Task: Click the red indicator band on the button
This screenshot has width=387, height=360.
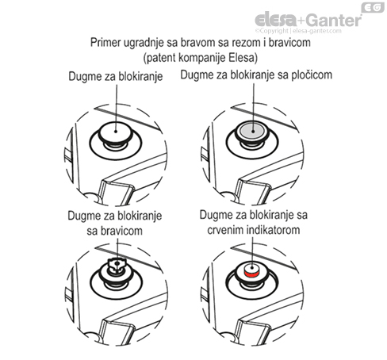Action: (x=251, y=274)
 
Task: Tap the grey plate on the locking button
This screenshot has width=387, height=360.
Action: (x=252, y=130)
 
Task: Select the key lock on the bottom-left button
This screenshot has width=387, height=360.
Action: (x=117, y=265)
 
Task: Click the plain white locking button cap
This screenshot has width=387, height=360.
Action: (x=116, y=131)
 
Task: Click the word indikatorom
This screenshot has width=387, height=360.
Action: (x=273, y=230)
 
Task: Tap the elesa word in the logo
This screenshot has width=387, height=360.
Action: (x=276, y=20)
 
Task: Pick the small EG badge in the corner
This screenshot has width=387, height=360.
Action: (x=373, y=7)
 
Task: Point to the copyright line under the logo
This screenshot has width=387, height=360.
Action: (x=298, y=31)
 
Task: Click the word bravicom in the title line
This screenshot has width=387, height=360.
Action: (x=289, y=43)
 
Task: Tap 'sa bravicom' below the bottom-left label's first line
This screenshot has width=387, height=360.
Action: (x=114, y=231)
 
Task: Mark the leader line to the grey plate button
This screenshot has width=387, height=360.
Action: (x=253, y=107)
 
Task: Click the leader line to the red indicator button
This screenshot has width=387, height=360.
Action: (x=252, y=252)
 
